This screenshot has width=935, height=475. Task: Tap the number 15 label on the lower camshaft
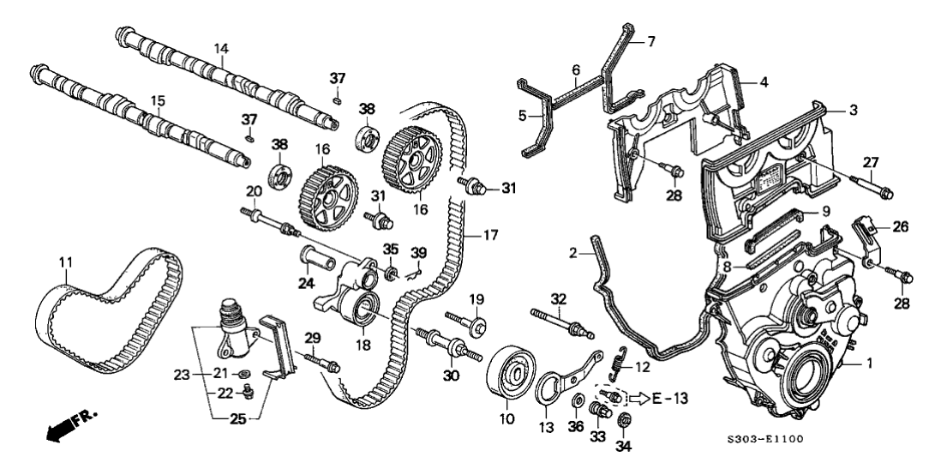pos(158,101)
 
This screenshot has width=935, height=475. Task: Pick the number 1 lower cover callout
pos(869,364)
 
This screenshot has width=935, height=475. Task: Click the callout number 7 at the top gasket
pos(650,40)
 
